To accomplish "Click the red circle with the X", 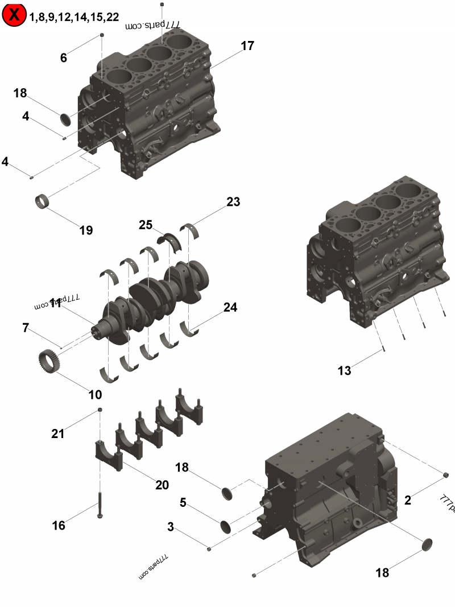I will click(x=14, y=15).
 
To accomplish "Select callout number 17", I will click(x=247, y=46).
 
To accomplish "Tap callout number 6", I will click(x=63, y=57).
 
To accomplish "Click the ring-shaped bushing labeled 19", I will click(x=41, y=201).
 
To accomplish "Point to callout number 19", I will click(x=86, y=230).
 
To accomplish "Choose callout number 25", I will click(x=146, y=225).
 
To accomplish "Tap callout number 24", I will click(x=230, y=307).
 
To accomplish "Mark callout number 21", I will click(x=58, y=433).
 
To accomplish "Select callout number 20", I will click(x=162, y=485).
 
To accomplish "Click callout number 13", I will click(x=344, y=371).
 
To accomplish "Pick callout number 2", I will click(x=407, y=501).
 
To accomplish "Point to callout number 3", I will click(x=171, y=527).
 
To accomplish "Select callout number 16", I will click(x=59, y=526).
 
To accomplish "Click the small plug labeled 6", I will click(x=102, y=35).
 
